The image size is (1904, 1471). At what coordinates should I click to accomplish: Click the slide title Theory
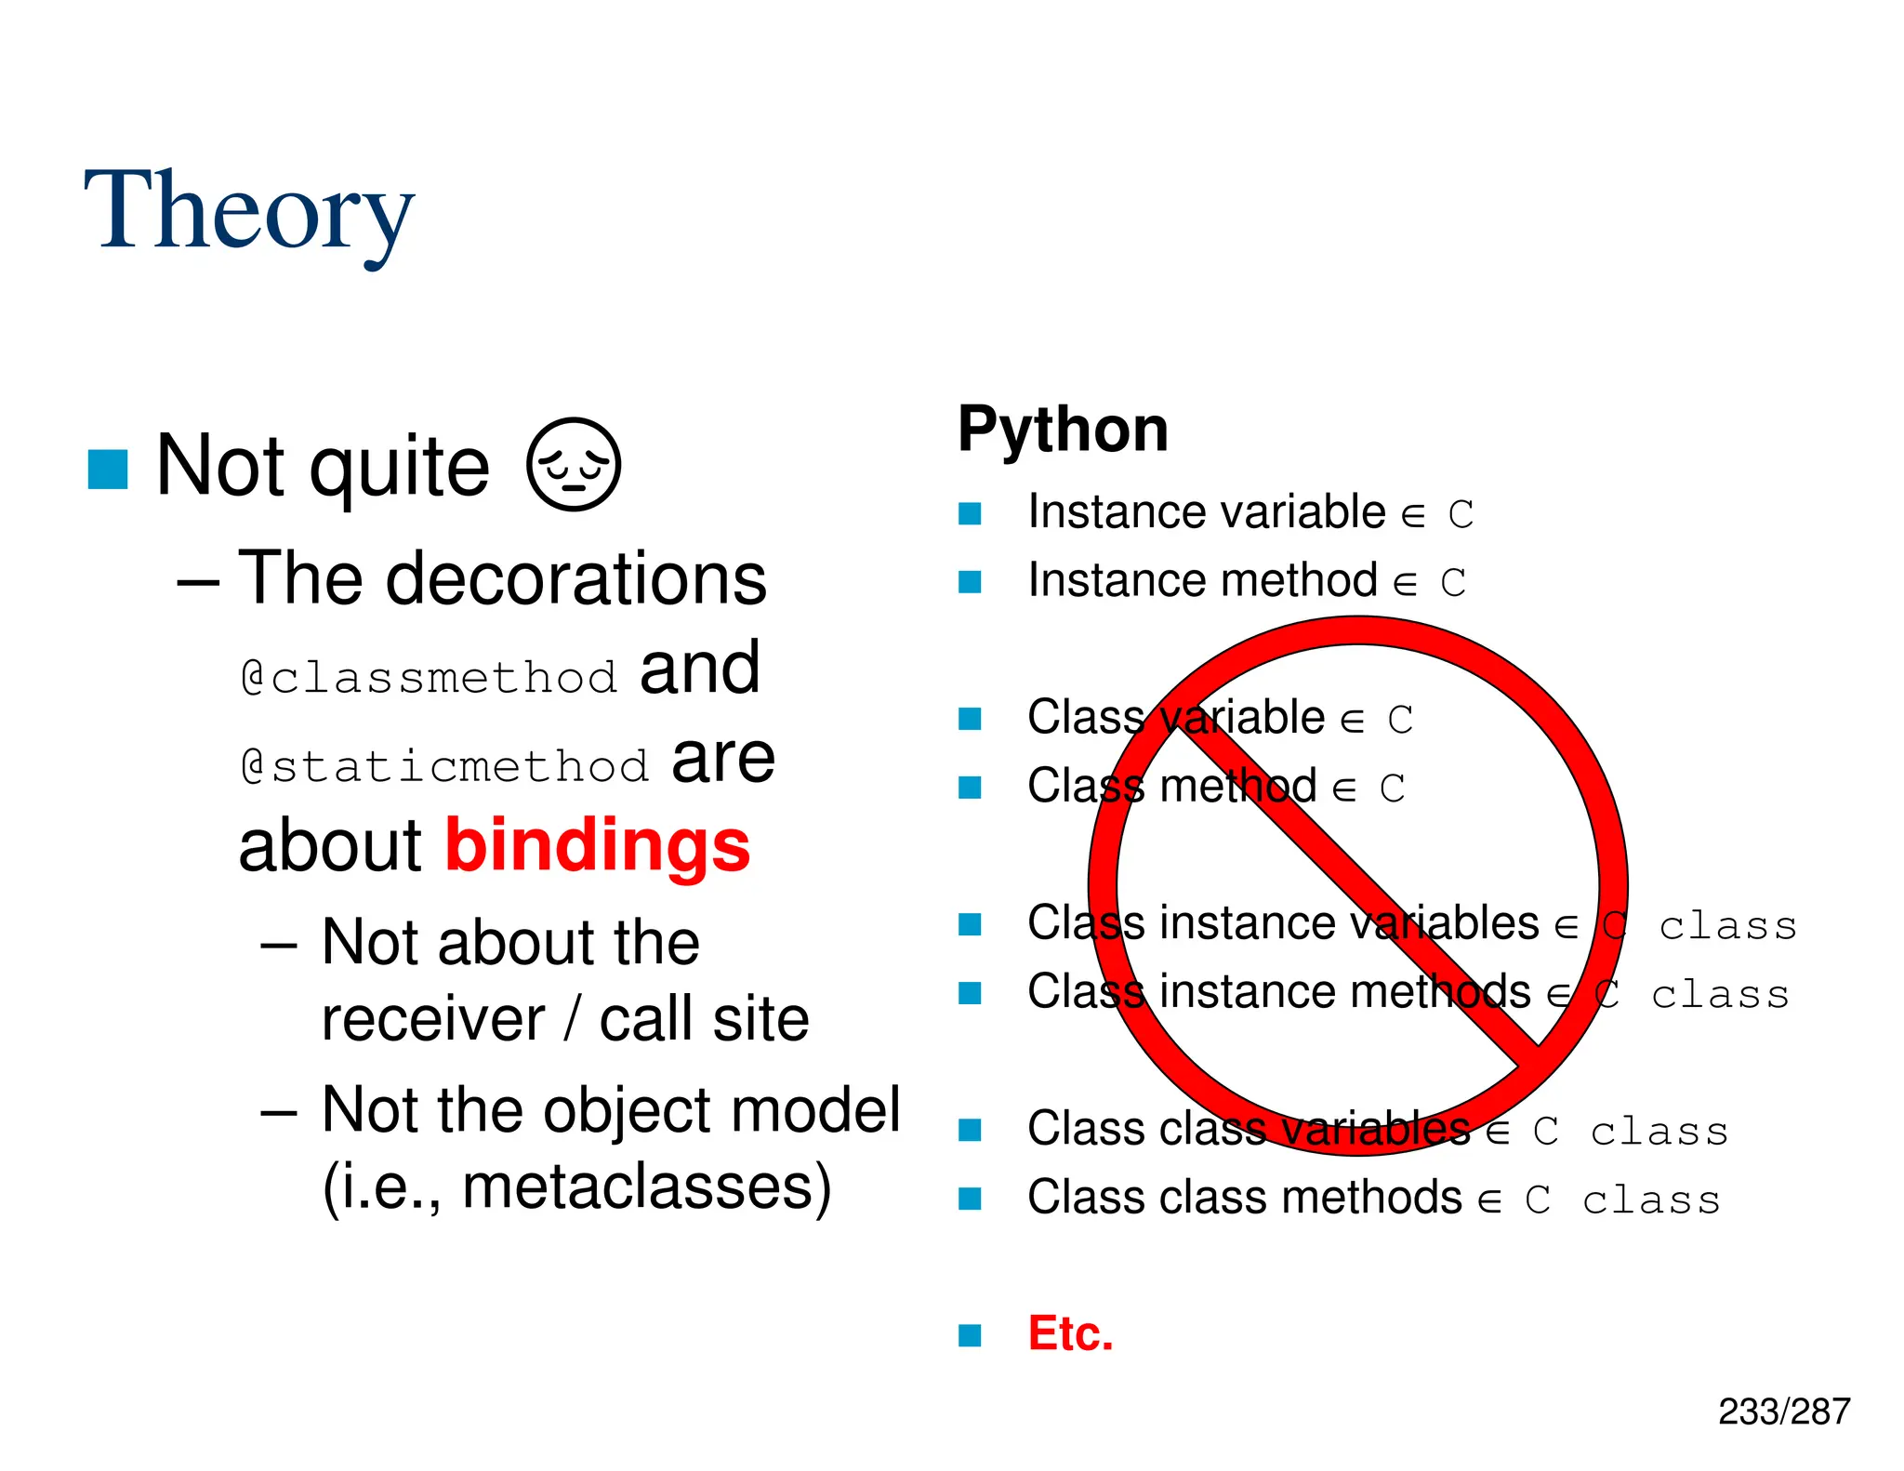pos(248,212)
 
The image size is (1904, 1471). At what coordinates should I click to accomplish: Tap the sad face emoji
pos(573,464)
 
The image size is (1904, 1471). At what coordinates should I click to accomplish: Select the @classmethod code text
pos(429,677)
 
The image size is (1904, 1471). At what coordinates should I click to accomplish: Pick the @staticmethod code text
pos(444,766)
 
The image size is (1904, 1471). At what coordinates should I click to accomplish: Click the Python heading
pos(1063,430)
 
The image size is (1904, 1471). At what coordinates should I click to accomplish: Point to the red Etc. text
pos(1070,1333)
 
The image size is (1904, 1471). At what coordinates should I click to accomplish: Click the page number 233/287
pos(1783,1411)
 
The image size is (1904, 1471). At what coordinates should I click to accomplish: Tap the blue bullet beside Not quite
pos(108,469)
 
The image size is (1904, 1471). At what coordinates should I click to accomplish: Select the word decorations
pos(576,578)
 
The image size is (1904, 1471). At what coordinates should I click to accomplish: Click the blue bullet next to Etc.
pos(970,1335)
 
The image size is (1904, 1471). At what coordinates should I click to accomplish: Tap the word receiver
pos(433,1019)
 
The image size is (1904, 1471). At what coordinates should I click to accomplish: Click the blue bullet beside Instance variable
pos(970,513)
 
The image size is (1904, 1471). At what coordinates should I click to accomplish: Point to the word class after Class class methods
pos(1651,1199)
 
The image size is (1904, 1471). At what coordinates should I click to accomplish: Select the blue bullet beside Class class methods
pos(970,1199)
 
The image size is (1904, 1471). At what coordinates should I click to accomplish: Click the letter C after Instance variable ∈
pos(1461,514)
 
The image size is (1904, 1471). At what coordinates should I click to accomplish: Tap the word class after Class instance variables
pos(1727,926)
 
